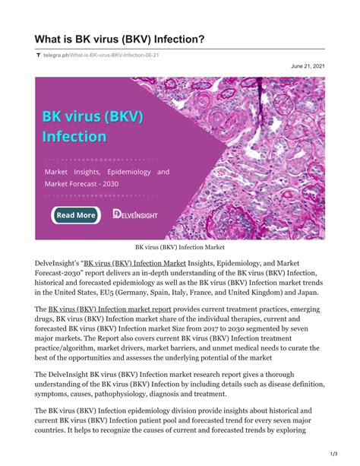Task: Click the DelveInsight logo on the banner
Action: [136, 214]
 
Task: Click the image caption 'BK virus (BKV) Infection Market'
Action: [180, 248]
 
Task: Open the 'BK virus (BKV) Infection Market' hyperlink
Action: [135, 263]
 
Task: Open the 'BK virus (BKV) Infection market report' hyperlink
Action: [109, 309]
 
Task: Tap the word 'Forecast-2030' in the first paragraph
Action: [58, 273]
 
